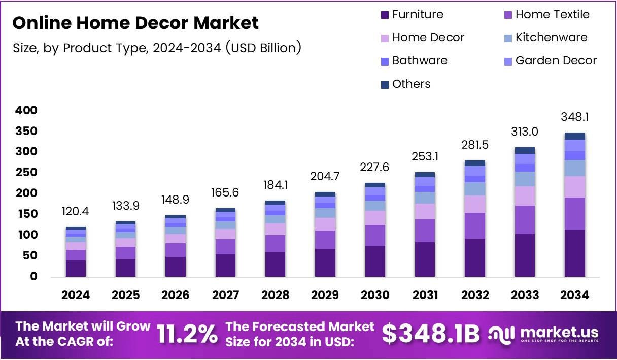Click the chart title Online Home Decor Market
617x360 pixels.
[135, 23]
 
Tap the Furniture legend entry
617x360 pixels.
[412, 15]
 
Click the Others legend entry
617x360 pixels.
[405, 84]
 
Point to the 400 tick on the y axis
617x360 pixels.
[26, 110]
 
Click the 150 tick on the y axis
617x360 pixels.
[26, 214]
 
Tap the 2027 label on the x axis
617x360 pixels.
[225, 296]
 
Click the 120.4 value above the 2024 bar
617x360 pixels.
[76, 211]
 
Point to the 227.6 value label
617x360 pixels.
[375, 168]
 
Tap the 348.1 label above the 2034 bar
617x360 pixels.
[574, 117]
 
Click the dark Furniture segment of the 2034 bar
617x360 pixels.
[574, 253]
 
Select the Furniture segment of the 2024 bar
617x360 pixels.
[76, 268]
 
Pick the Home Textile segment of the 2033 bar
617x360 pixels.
[525, 219]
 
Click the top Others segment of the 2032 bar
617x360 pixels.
[475, 163]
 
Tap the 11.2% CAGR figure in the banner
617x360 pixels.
[187, 334]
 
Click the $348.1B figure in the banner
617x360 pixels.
[430, 334]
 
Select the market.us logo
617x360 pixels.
[543, 334]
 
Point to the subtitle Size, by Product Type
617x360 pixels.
[157, 48]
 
